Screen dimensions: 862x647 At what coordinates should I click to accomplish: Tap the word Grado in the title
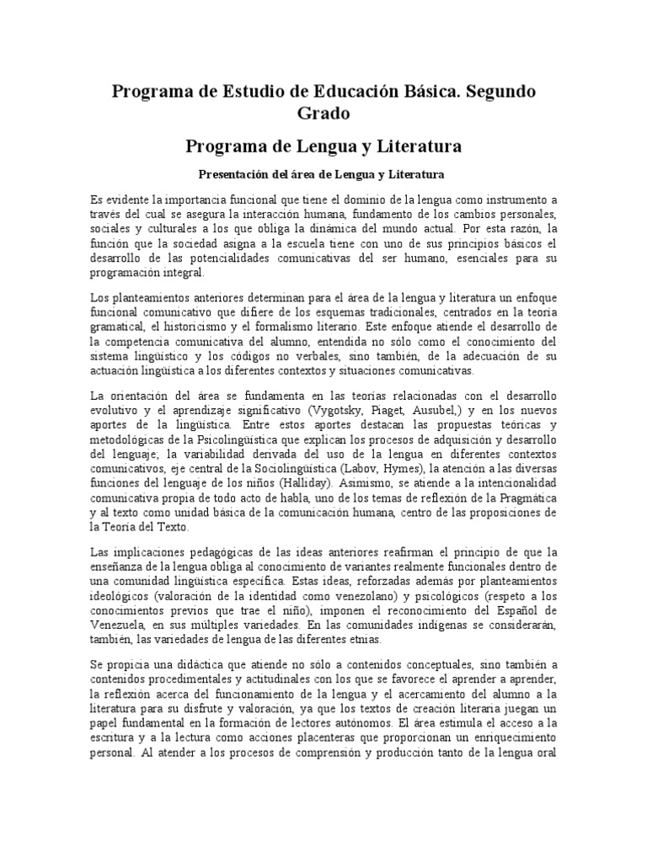click(x=323, y=112)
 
